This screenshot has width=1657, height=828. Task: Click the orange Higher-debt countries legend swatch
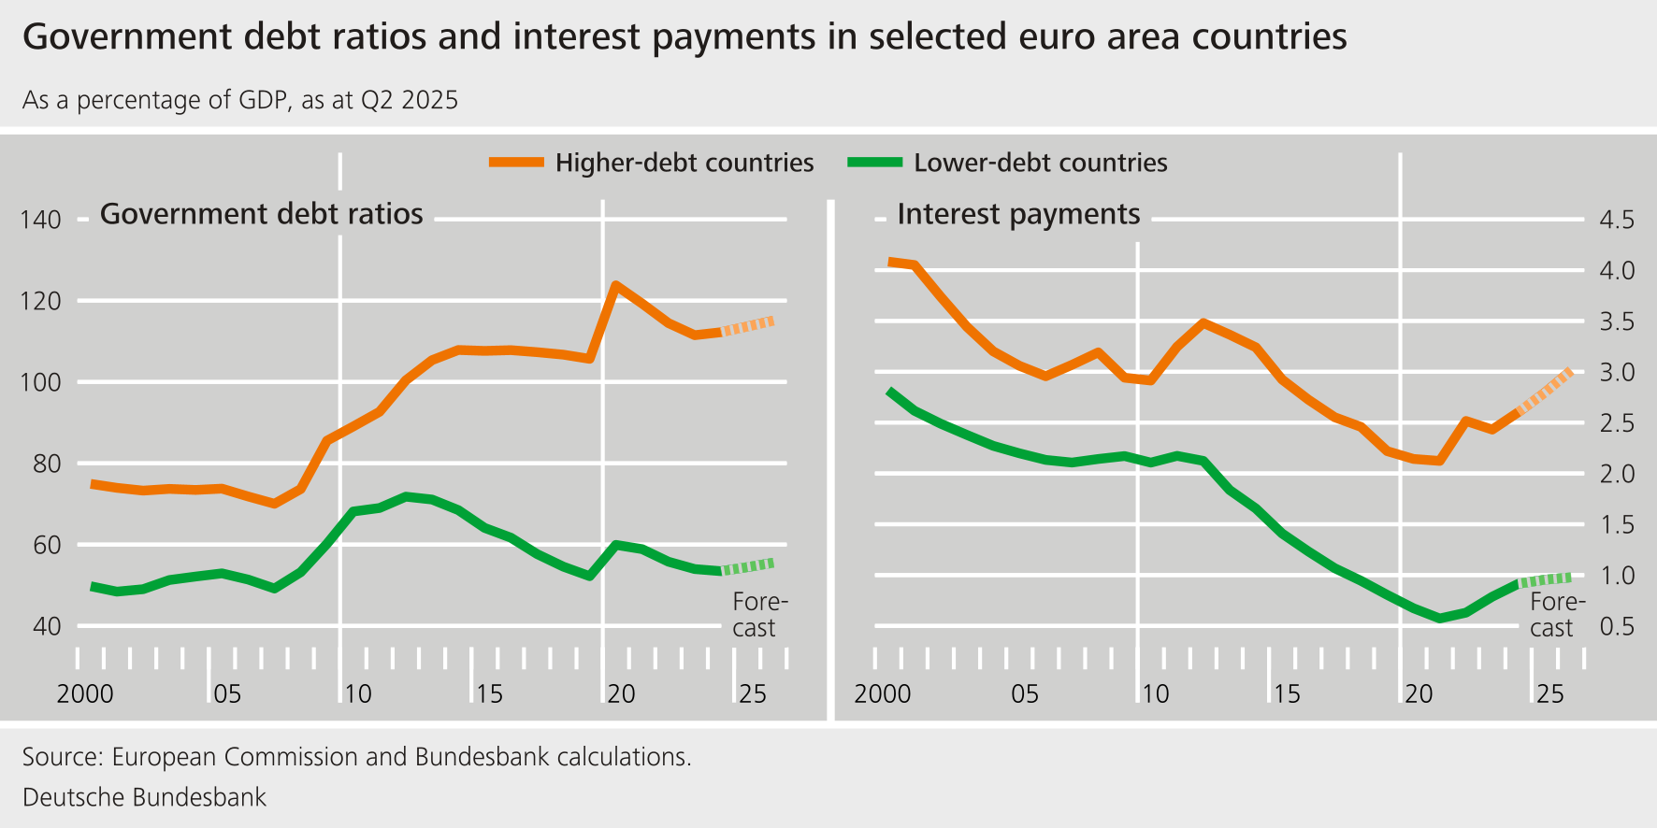coord(516,163)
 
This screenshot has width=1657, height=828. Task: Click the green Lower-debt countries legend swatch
coord(874,163)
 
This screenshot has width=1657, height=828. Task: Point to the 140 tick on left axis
coord(40,221)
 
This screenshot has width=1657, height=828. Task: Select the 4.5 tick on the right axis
coord(1617,221)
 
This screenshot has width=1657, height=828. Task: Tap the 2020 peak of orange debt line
coord(615,284)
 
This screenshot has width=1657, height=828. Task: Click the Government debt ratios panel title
coord(262,214)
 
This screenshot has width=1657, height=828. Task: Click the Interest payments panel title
coord(1018,214)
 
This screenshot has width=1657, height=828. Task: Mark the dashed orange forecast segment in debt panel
coord(747,326)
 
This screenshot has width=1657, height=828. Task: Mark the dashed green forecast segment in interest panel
coord(1545,579)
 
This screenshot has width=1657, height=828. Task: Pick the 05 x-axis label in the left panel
coord(226,694)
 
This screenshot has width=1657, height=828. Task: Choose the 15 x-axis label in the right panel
coord(1287,694)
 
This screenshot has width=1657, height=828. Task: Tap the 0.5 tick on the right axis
coord(1617,627)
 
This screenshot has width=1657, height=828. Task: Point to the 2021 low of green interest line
coord(1440,618)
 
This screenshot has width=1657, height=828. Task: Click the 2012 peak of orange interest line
coord(1203,322)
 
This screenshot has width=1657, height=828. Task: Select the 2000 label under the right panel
coord(882,694)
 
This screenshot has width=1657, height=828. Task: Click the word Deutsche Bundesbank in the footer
coord(144,797)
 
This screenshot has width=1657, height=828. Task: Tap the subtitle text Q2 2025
coord(409,100)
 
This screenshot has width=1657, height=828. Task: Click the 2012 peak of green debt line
coord(405,495)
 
